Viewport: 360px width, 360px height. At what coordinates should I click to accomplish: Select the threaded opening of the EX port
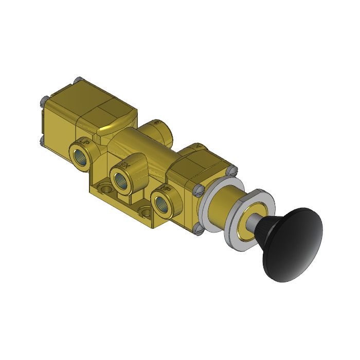(122, 179)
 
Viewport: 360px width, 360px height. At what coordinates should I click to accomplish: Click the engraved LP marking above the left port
(85, 141)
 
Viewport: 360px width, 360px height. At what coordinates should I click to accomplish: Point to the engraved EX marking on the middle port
(123, 165)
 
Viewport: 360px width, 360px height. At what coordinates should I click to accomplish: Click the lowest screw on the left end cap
(41, 138)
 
